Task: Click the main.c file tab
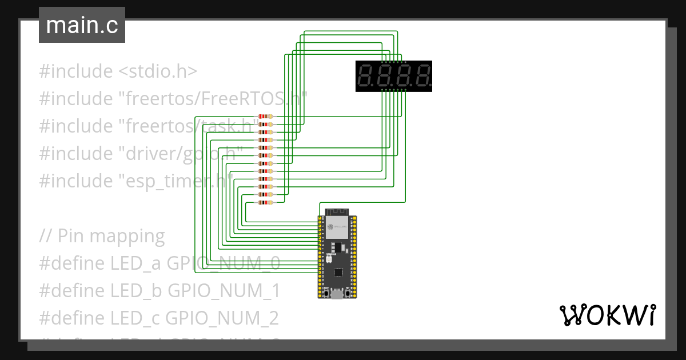tap(82, 26)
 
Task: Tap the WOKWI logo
tap(607, 315)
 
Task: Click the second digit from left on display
tap(385, 76)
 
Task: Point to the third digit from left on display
tap(404, 76)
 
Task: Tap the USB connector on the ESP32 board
tap(337, 294)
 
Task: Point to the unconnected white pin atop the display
tap(406, 62)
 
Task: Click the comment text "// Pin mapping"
tap(102, 235)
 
